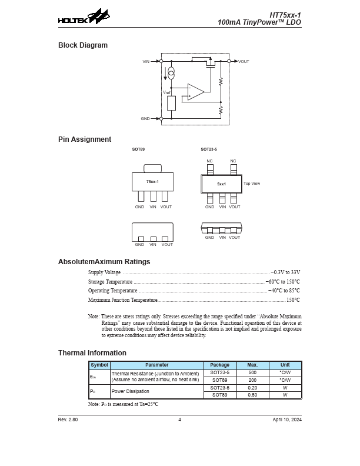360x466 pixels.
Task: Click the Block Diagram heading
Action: (83, 45)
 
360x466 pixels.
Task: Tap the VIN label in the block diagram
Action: (146, 61)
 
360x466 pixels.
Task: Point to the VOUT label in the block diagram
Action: (244, 61)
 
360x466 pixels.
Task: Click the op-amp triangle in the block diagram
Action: (196, 91)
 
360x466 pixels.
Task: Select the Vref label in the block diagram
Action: (166, 92)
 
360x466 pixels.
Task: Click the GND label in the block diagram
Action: (145, 118)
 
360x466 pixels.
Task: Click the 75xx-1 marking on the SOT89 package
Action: (152, 182)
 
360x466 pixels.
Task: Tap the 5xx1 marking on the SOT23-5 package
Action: (221, 184)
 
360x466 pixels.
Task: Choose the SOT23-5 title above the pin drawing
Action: (209, 149)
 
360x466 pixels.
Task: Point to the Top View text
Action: (252, 184)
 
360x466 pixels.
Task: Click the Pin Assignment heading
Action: (85, 139)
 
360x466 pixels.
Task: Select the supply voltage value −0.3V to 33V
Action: (285, 272)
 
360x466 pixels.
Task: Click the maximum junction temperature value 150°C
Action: (293, 300)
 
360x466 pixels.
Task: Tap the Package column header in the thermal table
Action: (220, 365)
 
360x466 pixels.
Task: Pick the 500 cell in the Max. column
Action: (252, 373)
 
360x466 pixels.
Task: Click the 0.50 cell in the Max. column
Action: (252, 395)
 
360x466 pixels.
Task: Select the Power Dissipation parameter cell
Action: (130, 391)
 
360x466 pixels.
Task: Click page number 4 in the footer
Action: (180, 420)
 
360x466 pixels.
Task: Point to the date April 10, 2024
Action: (287, 420)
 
